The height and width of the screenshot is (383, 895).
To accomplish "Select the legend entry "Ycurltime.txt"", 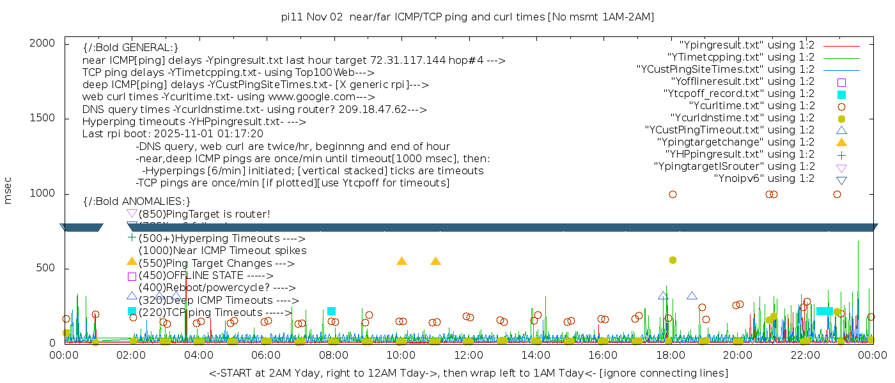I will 751,106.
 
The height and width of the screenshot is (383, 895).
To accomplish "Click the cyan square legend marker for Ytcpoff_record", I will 841,94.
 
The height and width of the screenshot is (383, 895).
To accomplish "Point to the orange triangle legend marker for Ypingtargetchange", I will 841,142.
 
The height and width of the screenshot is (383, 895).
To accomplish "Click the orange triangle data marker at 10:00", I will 401,261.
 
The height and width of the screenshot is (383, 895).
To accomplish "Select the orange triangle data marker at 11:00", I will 435,261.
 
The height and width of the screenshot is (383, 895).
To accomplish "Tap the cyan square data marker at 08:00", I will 331,311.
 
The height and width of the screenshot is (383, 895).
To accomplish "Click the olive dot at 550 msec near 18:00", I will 673,260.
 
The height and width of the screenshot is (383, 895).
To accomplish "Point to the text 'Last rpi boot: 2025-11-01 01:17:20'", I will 173,134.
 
